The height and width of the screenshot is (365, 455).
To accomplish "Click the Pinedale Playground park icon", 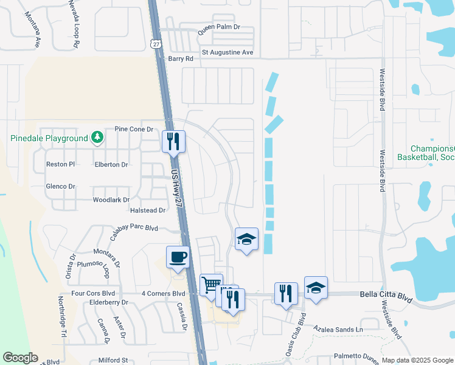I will tap(97, 138).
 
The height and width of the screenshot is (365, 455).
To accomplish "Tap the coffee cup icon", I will tap(178, 257).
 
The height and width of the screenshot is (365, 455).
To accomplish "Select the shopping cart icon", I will tap(210, 284).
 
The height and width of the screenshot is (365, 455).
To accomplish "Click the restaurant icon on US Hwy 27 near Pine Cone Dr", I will tap(173, 141).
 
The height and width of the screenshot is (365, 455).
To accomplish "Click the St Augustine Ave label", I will tap(227, 52).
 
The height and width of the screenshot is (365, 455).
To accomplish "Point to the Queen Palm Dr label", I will tap(220, 28).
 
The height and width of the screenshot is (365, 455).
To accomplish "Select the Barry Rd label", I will tap(180, 59).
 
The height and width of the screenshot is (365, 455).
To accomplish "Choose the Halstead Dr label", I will tap(148, 210).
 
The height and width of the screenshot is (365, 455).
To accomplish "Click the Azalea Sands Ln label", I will tap(338, 329).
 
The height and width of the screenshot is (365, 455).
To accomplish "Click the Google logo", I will tap(20, 358).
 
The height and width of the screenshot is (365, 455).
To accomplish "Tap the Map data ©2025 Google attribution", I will tap(417, 360).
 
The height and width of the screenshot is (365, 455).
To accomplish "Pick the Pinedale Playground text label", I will tap(49, 138).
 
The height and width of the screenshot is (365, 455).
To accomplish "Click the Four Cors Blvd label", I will tap(92, 293).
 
